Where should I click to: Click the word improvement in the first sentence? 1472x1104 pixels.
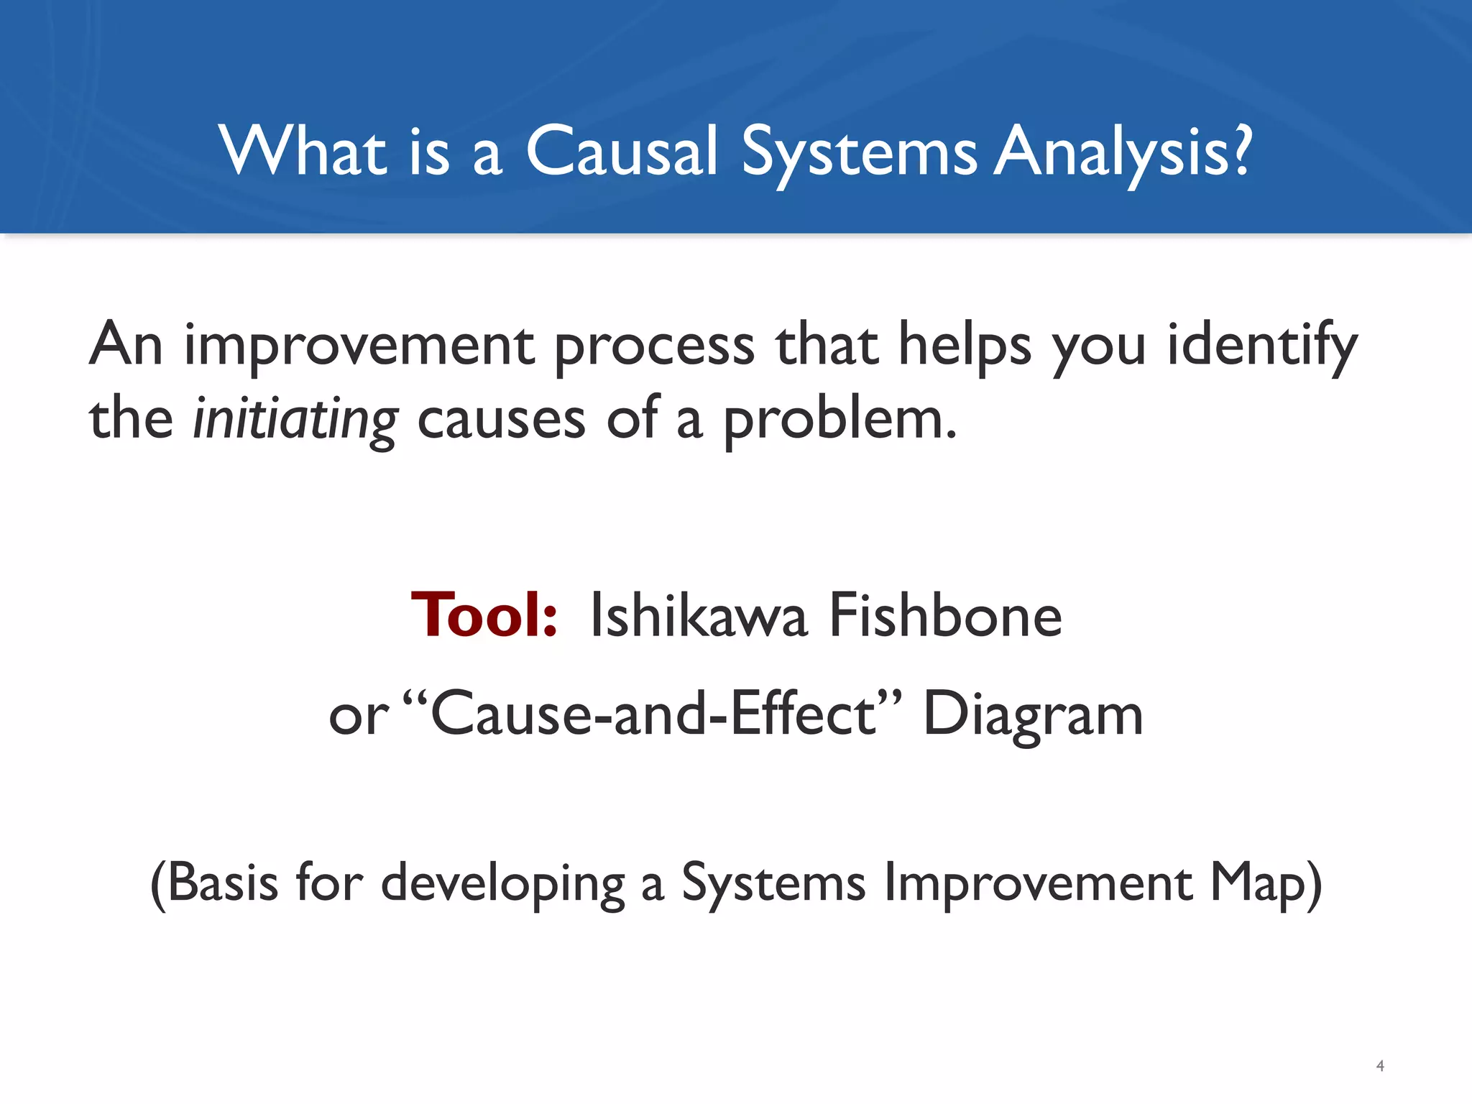359,346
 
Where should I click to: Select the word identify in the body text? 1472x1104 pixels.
1261,346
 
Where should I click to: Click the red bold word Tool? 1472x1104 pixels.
484,615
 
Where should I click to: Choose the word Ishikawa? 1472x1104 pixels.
697,615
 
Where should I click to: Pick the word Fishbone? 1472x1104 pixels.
945,615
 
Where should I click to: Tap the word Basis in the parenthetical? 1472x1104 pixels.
223,883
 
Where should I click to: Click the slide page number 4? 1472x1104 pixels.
1379,1066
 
